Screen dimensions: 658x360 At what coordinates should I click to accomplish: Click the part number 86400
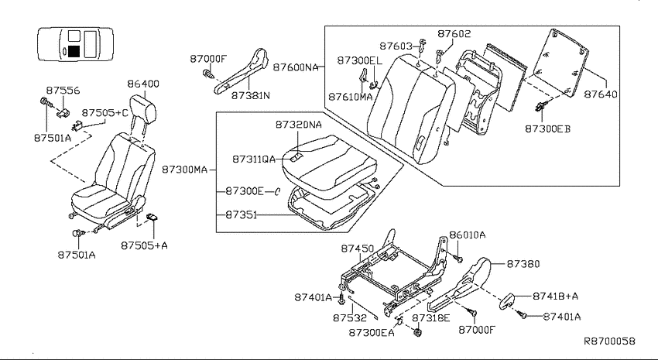coord(143,84)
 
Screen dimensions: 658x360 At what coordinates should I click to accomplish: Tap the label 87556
coord(63,91)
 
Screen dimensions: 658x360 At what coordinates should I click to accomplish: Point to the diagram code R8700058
coord(610,341)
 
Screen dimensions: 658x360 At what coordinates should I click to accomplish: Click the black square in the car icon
coord(74,51)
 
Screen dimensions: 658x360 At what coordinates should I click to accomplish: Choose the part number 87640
coord(601,94)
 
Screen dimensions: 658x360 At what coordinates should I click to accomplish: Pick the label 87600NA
coord(296,67)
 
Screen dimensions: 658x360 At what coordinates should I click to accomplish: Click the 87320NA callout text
coord(298,125)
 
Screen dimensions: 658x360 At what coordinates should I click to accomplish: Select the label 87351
coord(242,214)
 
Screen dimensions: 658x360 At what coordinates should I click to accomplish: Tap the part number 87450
coord(357,249)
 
